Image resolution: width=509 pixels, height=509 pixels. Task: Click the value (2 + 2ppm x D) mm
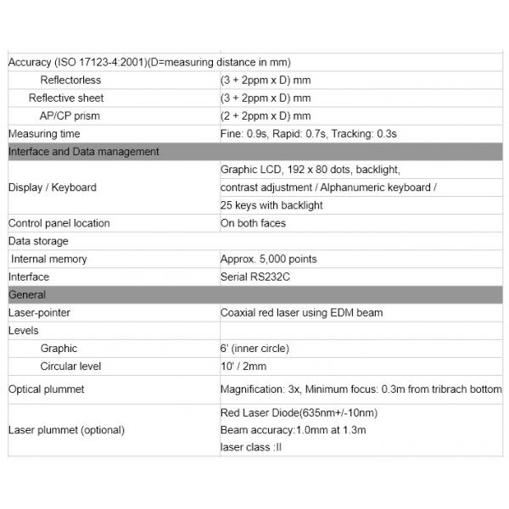pyautogui.click(x=265, y=115)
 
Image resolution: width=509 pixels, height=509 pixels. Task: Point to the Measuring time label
pyautogui.click(x=44, y=134)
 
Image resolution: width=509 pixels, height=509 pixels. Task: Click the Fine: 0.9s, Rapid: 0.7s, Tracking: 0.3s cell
pyautogui.click(x=309, y=134)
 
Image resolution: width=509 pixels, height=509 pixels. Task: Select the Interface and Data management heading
pyautogui.click(x=83, y=152)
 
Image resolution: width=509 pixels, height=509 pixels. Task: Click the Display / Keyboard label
pyautogui.click(x=52, y=187)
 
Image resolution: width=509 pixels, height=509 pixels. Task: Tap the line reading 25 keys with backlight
pyautogui.click(x=271, y=205)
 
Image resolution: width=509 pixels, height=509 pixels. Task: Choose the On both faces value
pyautogui.click(x=253, y=223)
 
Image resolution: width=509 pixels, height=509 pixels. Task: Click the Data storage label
pyautogui.click(x=38, y=241)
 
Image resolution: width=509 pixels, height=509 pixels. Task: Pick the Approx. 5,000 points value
pyautogui.click(x=269, y=259)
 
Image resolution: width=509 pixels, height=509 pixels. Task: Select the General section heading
pyautogui.click(x=27, y=294)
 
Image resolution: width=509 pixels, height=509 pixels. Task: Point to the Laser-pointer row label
pyautogui.click(x=39, y=312)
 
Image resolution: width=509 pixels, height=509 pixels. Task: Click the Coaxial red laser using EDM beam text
pyautogui.click(x=301, y=312)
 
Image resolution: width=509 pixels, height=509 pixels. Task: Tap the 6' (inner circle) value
pyautogui.click(x=253, y=349)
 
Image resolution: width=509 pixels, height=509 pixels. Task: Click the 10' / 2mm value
pyautogui.click(x=243, y=366)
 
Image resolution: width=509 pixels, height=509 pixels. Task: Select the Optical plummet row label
pyautogui.click(x=46, y=389)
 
